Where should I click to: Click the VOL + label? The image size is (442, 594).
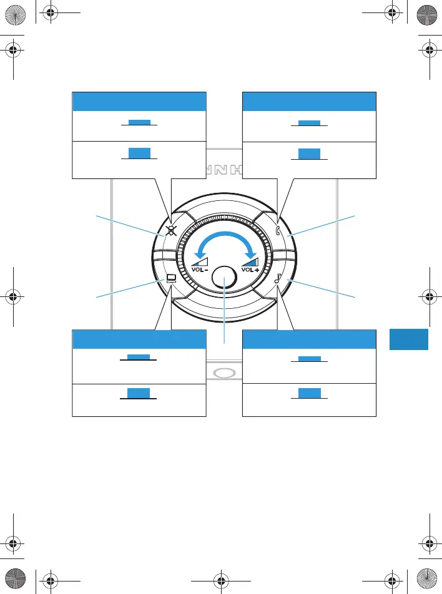coord(250,271)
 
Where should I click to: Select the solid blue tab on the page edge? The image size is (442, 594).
coord(409,339)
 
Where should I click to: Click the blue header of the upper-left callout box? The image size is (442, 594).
coord(139,101)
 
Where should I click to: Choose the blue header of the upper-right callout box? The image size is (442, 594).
coord(309,101)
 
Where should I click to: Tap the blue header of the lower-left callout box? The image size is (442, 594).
coord(139,339)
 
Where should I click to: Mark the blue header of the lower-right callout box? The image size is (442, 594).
coord(309,339)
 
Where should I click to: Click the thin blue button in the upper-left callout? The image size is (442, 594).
coord(139,122)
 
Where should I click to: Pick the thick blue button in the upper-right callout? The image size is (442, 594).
coord(309,153)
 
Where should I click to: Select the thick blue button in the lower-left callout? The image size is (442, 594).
coord(139,392)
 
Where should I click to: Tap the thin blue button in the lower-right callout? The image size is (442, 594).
coord(309,359)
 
